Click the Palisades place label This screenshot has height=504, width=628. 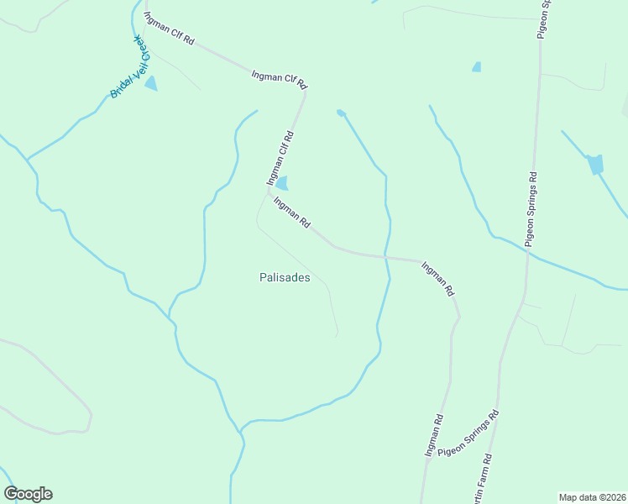pos(285,277)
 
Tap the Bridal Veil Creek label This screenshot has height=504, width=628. pos(129,67)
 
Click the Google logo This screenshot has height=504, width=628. pos(28,494)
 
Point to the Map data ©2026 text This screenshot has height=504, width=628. pos(593,497)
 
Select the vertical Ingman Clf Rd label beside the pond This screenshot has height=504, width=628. pos(280,158)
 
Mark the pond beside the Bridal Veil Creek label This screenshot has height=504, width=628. pos(151,82)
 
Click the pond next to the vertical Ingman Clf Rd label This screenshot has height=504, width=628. pos(282,182)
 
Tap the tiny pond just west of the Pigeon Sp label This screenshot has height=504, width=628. pos(477,66)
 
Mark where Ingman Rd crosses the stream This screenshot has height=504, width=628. pos(386,255)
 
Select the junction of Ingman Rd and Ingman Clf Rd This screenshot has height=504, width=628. pos(269,192)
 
